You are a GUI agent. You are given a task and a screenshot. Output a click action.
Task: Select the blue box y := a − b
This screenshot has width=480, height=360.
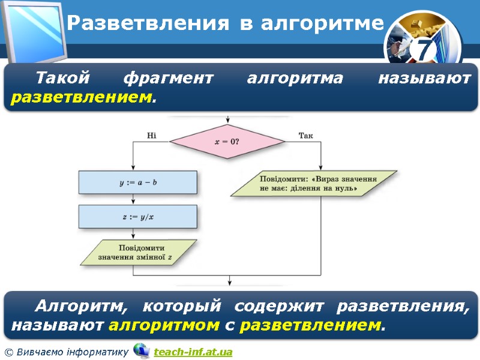pos(138,182)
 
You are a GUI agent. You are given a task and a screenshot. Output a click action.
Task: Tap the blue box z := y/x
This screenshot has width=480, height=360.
pos(138,217)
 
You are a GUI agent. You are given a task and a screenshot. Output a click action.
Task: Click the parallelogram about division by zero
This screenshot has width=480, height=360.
pos(314,184)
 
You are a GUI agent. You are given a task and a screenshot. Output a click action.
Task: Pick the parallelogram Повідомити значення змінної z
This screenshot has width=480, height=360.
pos(139,253)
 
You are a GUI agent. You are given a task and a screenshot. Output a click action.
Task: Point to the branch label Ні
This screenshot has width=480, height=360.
pos(152,136)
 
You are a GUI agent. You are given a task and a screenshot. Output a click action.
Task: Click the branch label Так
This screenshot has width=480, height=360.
pos(305,136)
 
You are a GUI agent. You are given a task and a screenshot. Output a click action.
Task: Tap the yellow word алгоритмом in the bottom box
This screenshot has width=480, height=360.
pos(164,326)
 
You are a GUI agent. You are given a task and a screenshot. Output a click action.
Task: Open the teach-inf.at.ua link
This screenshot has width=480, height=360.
pos(193,352)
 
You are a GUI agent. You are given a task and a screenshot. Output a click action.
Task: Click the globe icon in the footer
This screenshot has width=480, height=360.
pos(141,350)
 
